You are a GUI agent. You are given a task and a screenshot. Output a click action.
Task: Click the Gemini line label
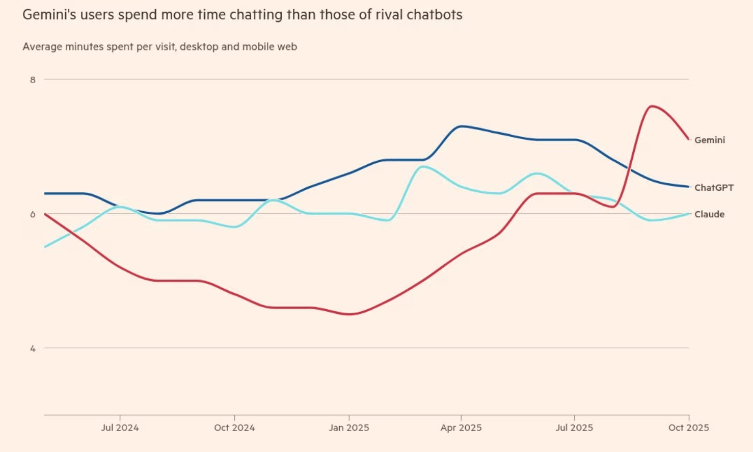point(709,140)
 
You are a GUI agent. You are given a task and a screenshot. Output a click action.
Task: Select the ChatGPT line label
point(714,188)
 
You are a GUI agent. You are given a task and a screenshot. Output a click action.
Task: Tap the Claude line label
point(709,214)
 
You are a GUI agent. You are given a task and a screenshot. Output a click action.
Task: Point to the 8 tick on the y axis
point(33,80)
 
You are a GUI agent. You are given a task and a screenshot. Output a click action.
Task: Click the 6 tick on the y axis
point(33,214)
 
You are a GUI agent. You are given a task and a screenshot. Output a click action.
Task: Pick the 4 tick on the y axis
point(33,349)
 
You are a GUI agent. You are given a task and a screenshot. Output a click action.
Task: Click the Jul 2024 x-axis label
point(120,428)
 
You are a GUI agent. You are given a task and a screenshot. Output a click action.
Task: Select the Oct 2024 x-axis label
point(234,428)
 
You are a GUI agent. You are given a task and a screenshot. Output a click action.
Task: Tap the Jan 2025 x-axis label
point(349,428)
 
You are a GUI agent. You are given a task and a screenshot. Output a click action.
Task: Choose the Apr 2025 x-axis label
point(461,428)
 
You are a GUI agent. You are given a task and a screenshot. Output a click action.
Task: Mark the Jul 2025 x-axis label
point(574,428)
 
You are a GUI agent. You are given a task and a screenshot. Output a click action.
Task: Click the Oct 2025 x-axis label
point(688,428)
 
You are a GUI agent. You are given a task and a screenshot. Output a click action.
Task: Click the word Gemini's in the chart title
point(49,15)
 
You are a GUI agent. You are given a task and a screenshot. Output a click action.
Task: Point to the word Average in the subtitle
point(42,47)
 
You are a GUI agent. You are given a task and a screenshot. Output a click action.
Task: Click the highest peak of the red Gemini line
point(651,106)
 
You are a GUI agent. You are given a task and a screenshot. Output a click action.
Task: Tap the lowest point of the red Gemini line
point(349,314)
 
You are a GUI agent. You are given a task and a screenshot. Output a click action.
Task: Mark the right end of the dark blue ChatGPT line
point(689,187)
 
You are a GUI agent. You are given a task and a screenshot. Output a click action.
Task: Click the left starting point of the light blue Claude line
point(45,247)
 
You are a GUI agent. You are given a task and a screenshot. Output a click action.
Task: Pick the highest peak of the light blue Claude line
point(422,166)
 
